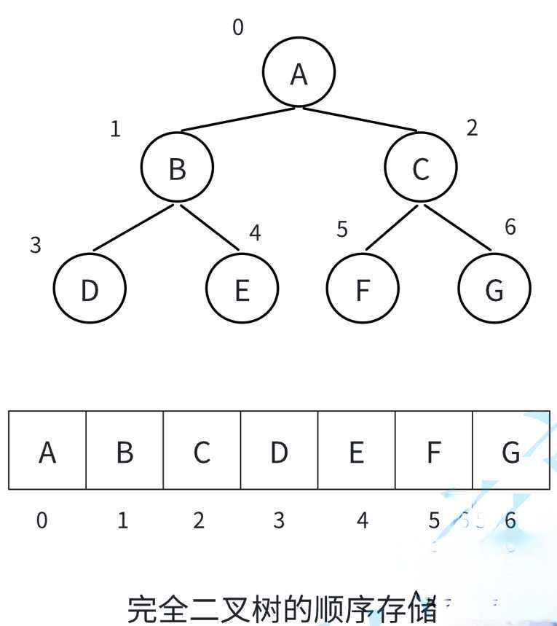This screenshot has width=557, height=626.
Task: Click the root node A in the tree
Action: (299, 73)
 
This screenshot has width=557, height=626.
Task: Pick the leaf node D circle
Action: (90, 289)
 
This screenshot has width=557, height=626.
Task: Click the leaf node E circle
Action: (242, 289)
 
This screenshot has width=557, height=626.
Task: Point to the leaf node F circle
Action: (363, 289)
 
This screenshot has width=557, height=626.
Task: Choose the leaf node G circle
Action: (494, 289)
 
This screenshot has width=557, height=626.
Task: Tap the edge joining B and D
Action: (133, 227)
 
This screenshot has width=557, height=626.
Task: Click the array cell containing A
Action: (47, 450)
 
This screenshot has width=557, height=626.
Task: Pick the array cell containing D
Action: (279, 450)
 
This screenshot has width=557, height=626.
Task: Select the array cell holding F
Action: (433, 450)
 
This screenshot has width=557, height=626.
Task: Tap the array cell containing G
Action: (510, 450)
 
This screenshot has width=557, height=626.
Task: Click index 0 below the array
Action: (43, 520)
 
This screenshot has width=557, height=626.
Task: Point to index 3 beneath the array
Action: (279, 520)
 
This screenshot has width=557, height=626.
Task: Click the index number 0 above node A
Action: (238, 28)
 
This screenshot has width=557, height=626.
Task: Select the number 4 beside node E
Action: (255, 233)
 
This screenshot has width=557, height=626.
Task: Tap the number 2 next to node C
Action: (472, 128)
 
